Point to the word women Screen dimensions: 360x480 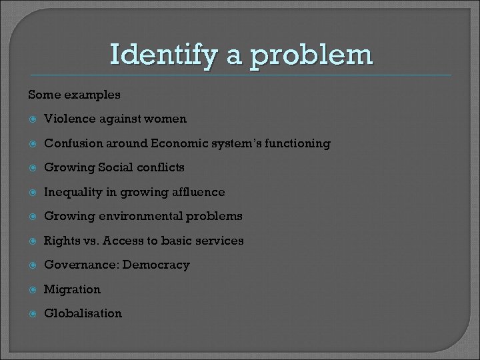click(x=167, y=119)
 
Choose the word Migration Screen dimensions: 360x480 click(x=72, y=289)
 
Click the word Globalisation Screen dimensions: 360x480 click(x=83, y=313)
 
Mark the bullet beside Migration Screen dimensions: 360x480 click(x=31, y=289)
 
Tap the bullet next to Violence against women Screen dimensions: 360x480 click(x=31, y=119)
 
